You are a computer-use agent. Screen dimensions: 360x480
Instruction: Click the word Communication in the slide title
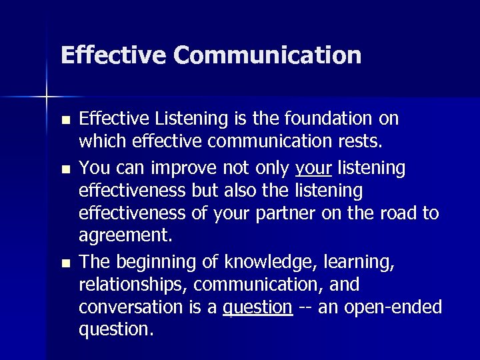267,55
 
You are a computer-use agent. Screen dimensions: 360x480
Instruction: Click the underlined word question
257,308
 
